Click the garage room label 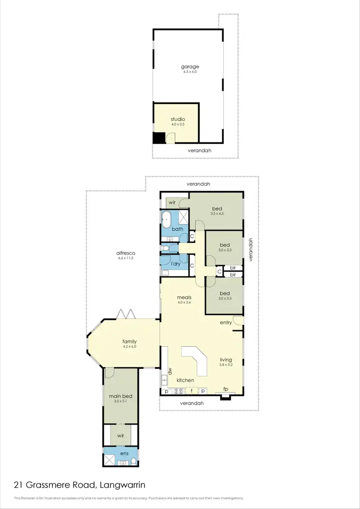click(190, 67)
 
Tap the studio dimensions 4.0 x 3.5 click(178, 124)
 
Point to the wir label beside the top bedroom click(172, 202)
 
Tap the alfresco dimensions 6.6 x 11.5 click(125, 258)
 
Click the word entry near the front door click(226, 323)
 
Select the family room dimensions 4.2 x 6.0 click(130, 346)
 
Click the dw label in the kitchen click(170, 371)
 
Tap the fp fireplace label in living click(225, 389)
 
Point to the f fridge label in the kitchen click(192, 391)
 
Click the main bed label click(118, 396)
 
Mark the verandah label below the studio click(199, 150)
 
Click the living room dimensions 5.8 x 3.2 click(226, 365)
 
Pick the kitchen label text click(185, 380)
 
